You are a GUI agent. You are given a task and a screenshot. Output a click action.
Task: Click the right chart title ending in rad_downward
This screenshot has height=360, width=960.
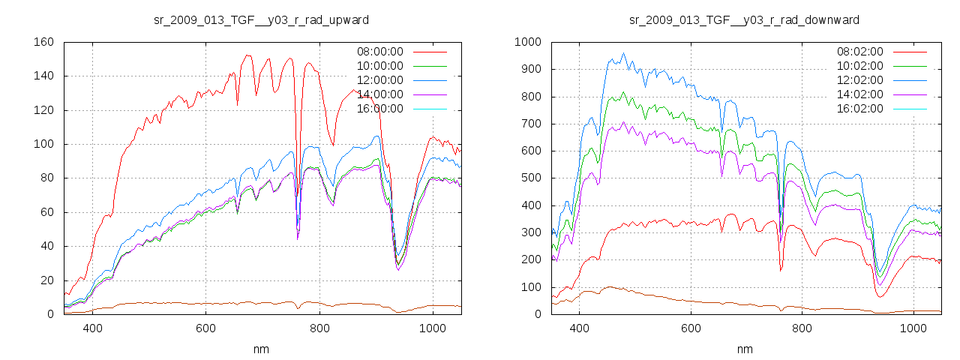744,19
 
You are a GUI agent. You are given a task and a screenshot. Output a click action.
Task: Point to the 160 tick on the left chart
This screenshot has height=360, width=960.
43,42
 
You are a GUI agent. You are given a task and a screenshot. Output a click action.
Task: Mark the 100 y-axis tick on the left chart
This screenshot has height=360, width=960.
43,144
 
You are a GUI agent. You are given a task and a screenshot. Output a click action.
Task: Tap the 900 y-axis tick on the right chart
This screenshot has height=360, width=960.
529,69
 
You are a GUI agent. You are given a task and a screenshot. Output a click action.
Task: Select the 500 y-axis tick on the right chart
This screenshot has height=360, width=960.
529,178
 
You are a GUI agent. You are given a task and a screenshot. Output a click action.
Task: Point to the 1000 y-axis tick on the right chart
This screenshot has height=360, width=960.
526,42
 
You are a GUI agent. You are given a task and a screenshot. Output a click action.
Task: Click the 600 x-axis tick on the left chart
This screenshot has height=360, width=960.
206,328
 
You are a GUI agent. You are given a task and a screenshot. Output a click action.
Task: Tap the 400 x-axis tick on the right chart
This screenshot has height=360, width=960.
578,328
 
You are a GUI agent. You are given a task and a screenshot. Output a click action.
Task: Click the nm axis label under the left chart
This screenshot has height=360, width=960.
261,349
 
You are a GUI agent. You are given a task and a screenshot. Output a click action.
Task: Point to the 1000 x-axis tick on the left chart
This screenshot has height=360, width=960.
433,328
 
